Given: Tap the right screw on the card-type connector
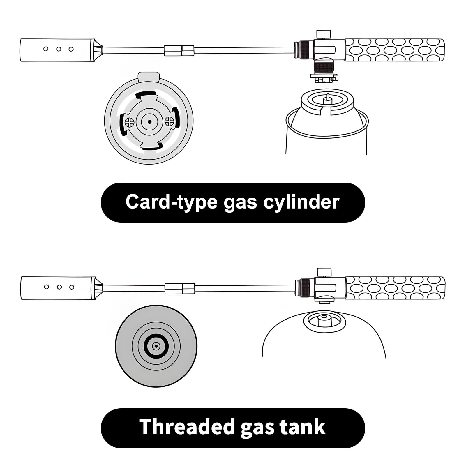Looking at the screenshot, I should click(169, 121).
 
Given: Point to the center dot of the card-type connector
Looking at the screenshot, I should click(149, 122).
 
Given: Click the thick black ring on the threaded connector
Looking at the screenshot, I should click(156, 346).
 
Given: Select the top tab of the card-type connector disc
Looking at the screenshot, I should click(149, 77).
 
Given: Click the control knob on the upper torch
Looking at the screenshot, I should click(324, 33).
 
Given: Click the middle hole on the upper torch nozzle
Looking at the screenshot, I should click(59, 49).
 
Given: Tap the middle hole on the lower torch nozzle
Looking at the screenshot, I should click(59, 287).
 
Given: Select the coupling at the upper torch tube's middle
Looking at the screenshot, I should click(179, 50).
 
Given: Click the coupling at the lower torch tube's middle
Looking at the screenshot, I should click(179, 288).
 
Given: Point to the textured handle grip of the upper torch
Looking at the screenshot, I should click(395, 50).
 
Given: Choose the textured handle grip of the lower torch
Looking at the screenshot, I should click(396, 288).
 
